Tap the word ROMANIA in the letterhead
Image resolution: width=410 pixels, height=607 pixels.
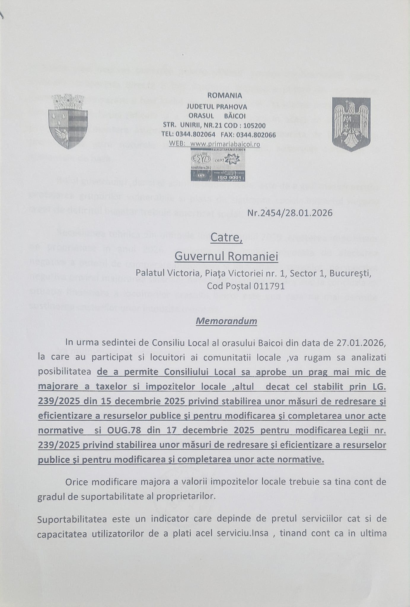225,95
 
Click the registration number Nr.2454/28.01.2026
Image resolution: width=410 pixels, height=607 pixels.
290,213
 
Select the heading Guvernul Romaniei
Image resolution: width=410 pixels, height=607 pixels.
226,256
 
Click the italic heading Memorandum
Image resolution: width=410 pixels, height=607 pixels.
226,321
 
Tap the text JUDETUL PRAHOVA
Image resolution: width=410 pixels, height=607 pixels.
217,106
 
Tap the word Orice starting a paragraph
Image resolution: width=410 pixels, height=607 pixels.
76,482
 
